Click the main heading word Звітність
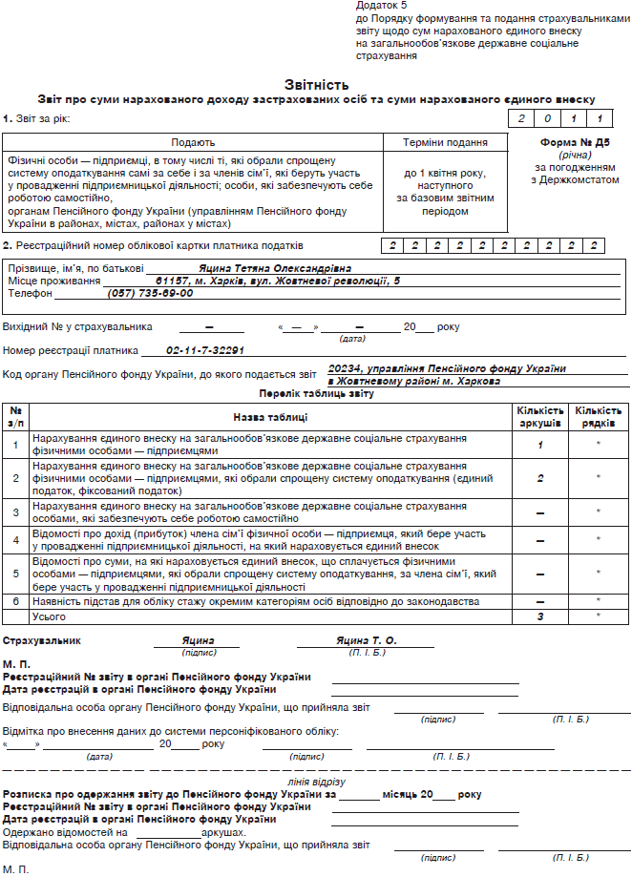315,85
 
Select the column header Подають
193,142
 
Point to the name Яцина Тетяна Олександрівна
276,269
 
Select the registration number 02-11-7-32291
205,350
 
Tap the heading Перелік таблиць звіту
315,393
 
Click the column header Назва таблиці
269,417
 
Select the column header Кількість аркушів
540,416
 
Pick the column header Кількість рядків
598,416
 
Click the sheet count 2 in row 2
540,477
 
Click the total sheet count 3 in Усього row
540,617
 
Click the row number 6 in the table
15,602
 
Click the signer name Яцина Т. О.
366,640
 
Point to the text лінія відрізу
315,782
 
